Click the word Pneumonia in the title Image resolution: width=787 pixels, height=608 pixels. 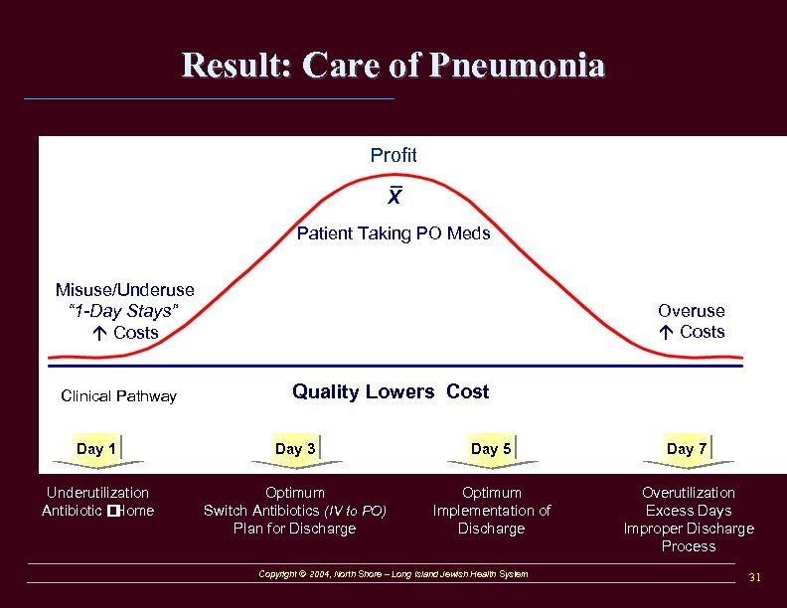(x=518, y=66)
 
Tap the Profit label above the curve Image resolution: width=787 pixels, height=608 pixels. (x=393, y=155)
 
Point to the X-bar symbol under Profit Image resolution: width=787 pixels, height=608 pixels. (x=394, y=197)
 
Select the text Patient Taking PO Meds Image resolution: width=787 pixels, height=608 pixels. (x=393, y=234)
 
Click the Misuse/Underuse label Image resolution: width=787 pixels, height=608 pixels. (x=125, y=290)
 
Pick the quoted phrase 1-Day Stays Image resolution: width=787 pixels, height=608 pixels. (x=124, y=311)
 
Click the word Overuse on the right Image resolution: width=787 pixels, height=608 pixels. (x=691, y=311)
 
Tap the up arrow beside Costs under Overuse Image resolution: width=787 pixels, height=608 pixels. (x=666, y=332)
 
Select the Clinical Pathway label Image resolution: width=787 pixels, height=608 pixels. (x=118, y=396)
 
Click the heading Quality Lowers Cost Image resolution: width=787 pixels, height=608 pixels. (x=391, y=391)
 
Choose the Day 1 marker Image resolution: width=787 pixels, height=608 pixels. (x=96, y=449)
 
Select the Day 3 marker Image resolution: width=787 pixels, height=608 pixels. (x=295, y=449)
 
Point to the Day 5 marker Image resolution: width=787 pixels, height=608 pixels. (x=491, y=449)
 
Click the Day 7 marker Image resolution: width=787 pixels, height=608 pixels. (x=687, y=449)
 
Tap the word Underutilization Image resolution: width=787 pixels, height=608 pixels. (x=97, y=493)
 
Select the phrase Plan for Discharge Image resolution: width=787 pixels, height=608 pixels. (x=294, y=529)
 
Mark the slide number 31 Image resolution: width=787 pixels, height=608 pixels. (x=754, y=577)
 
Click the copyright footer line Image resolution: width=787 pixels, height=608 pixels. (x=393, y=574)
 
